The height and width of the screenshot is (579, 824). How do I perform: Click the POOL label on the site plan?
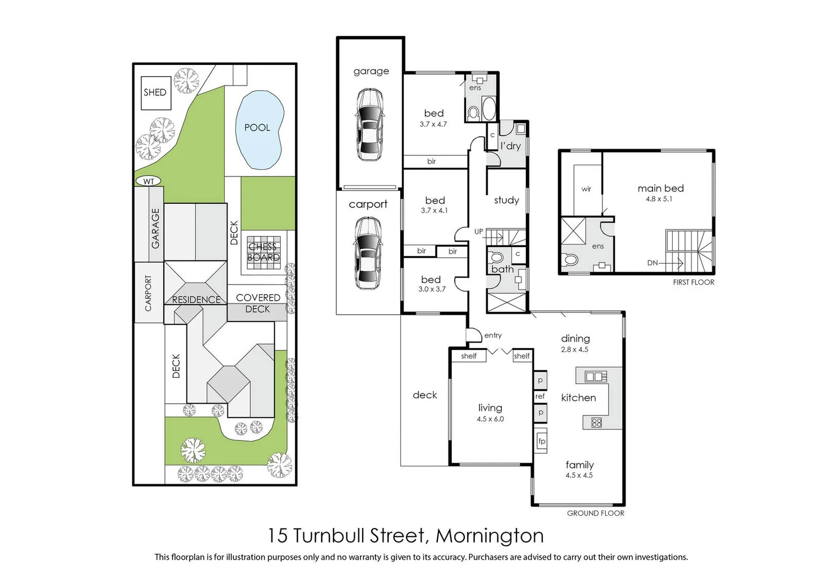tap(257, 128)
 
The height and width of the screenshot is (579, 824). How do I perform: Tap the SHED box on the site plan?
tap(156, 93)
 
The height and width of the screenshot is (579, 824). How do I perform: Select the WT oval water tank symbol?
tap(149, 181)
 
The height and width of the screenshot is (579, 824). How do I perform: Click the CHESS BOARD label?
tap(263, 252)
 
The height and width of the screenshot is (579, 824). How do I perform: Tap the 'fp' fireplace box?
tap(541, 441)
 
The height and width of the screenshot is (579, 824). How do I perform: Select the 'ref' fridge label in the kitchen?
tap(540, 396)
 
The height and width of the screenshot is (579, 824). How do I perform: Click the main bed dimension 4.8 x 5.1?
tap(659, 199)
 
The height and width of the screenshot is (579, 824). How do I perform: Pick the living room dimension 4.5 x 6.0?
tap(490, 419)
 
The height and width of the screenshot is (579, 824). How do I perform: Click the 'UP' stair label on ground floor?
tap(479, 232)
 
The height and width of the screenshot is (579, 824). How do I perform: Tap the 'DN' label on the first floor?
tap(652, 263)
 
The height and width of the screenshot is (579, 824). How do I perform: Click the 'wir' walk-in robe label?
tap(586, 189)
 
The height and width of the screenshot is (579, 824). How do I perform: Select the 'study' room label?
tap(506, 200)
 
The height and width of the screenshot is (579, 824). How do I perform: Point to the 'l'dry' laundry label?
tap(510, 146)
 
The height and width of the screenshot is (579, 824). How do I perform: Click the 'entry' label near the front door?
tap(492, 336)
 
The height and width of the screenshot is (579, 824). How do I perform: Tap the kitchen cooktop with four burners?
tap(596, 422)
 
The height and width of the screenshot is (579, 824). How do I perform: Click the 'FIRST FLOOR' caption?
tap(693, 282)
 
